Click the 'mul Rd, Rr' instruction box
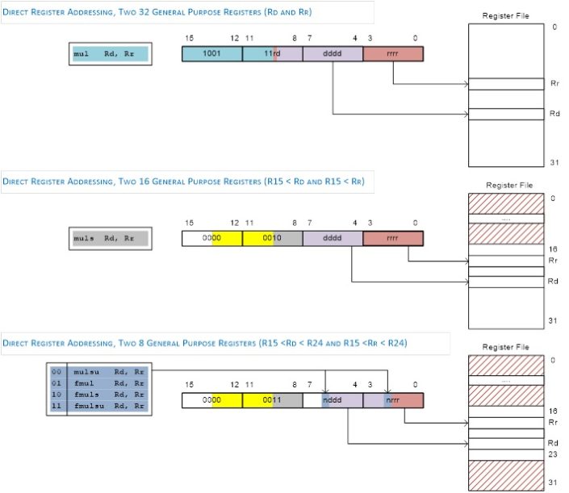point(109,54)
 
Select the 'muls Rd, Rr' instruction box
point(109,238)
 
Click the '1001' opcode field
point(211,54)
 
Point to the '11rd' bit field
point(272,54)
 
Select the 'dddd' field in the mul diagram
point(333,54)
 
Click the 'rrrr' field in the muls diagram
point(393,238)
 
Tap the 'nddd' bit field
point(333,399)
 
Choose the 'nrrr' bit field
point(393,399)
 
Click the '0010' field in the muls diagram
point(272,238)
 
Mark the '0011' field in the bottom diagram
point(272,399)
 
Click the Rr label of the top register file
point(554,84)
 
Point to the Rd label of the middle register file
point(553,282)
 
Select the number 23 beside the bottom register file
point(553,454)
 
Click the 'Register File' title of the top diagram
point(505,15)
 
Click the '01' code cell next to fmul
point(56,383)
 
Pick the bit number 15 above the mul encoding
point(190,37)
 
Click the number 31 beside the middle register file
point(553,321)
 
